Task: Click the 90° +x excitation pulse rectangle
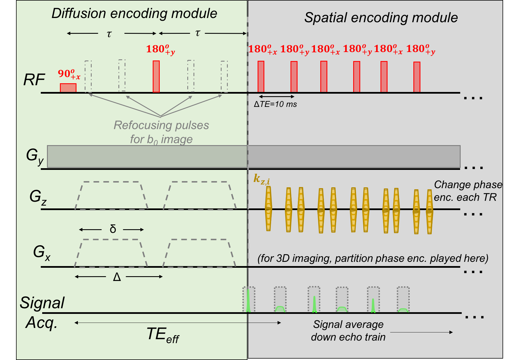68,88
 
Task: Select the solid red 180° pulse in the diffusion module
156,76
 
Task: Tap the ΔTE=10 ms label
275,104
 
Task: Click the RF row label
34,80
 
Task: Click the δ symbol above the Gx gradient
112,229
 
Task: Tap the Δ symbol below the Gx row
117,277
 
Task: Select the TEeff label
163,335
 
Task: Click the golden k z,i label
262,179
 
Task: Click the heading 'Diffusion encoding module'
134,13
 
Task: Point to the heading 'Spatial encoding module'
381,17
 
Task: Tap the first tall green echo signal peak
248,301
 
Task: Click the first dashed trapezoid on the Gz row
111,195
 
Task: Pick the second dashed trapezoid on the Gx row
199,253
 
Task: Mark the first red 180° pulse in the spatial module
261,76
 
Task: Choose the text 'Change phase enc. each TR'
468,191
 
